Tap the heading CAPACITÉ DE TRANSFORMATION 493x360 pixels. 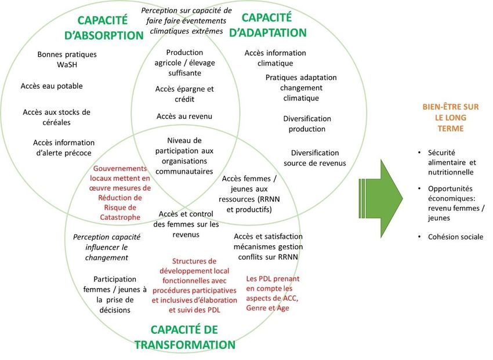coord(184,337)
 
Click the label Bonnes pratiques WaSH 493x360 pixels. coord(67,59)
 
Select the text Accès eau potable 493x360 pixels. coord(52,86)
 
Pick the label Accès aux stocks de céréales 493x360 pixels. coord(56,117)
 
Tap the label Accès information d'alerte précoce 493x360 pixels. coord(63,147)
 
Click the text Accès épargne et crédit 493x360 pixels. coord(184,94)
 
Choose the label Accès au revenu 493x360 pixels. coord(184,117)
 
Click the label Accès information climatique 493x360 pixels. coord(275,57)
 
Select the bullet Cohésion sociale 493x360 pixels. coord(455,237)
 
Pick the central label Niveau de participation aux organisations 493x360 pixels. coord(184,156)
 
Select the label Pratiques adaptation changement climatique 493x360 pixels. coord(300,88)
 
